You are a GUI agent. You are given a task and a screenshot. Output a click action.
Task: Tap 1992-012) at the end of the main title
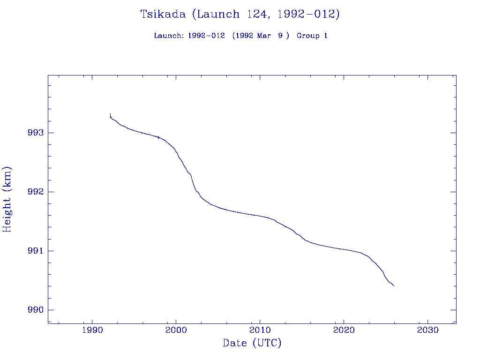click(308, 14)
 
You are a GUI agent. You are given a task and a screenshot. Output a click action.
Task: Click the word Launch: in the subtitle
click(169, 36)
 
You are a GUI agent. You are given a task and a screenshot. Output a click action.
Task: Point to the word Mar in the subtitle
click(263, 36)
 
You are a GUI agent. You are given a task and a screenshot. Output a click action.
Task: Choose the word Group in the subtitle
click(307, 36)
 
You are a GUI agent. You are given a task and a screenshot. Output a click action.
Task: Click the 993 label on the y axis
click(36, 133)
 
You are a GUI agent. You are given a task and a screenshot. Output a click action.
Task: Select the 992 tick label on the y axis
click(36, 192)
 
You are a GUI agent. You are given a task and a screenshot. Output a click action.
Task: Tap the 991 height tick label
click(36, 251)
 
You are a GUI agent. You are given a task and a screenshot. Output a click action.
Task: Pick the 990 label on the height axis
click(36, 310)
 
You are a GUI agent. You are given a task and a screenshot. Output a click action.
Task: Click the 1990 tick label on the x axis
click(92, 330)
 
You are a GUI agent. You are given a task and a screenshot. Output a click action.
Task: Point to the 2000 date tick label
click(176, 330)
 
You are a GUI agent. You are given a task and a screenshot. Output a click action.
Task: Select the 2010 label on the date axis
click(260, 330)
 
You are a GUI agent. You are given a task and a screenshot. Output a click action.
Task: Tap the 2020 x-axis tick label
click(344, 330)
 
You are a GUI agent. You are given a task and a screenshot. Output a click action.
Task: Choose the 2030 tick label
click(427, 330)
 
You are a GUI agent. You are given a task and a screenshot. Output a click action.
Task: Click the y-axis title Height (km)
click(7, 199)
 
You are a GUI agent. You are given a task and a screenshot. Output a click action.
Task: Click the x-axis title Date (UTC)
click(252, 344)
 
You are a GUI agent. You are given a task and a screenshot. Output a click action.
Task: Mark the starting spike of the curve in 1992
click(110, 115)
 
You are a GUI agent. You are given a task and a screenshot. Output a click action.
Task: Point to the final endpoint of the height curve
click(394, 285)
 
